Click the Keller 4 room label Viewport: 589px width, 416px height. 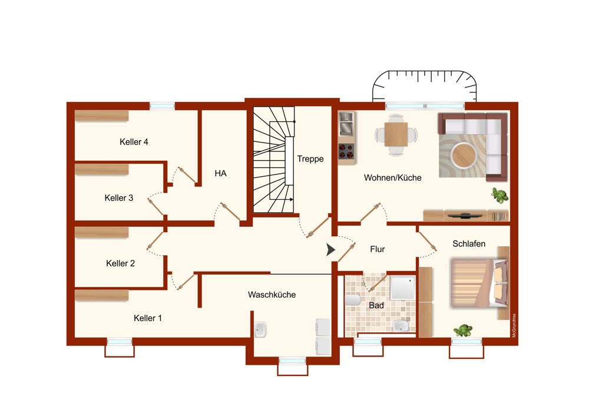tap(134, 141)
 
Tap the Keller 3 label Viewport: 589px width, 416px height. tap(119, 197)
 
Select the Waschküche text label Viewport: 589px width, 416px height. tap(272, 295)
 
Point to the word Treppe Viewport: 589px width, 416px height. tap(310, 159)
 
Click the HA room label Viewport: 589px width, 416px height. tap(220, 173)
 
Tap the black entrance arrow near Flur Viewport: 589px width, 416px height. tap(330, 249)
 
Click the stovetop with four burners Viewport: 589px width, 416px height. tap(346, 151)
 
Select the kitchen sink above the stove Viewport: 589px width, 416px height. tap(346, 124)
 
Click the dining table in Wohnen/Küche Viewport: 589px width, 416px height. tap(396, 134)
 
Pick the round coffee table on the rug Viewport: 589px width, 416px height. tap(464, 155)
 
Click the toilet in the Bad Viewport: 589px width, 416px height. tap(353, 300)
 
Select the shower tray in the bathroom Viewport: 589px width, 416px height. tap(403, 288)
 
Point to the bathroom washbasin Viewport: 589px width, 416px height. tap(401, 326)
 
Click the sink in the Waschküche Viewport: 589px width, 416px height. tap(260, 329)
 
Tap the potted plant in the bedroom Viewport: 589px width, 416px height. tap(463, 331)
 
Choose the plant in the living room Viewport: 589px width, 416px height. tap(500, 195)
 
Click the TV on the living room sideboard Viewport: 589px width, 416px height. tap(466, 215)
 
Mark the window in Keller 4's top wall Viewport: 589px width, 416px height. tap(163, 106)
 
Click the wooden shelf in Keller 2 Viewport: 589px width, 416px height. tap(102, 232)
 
